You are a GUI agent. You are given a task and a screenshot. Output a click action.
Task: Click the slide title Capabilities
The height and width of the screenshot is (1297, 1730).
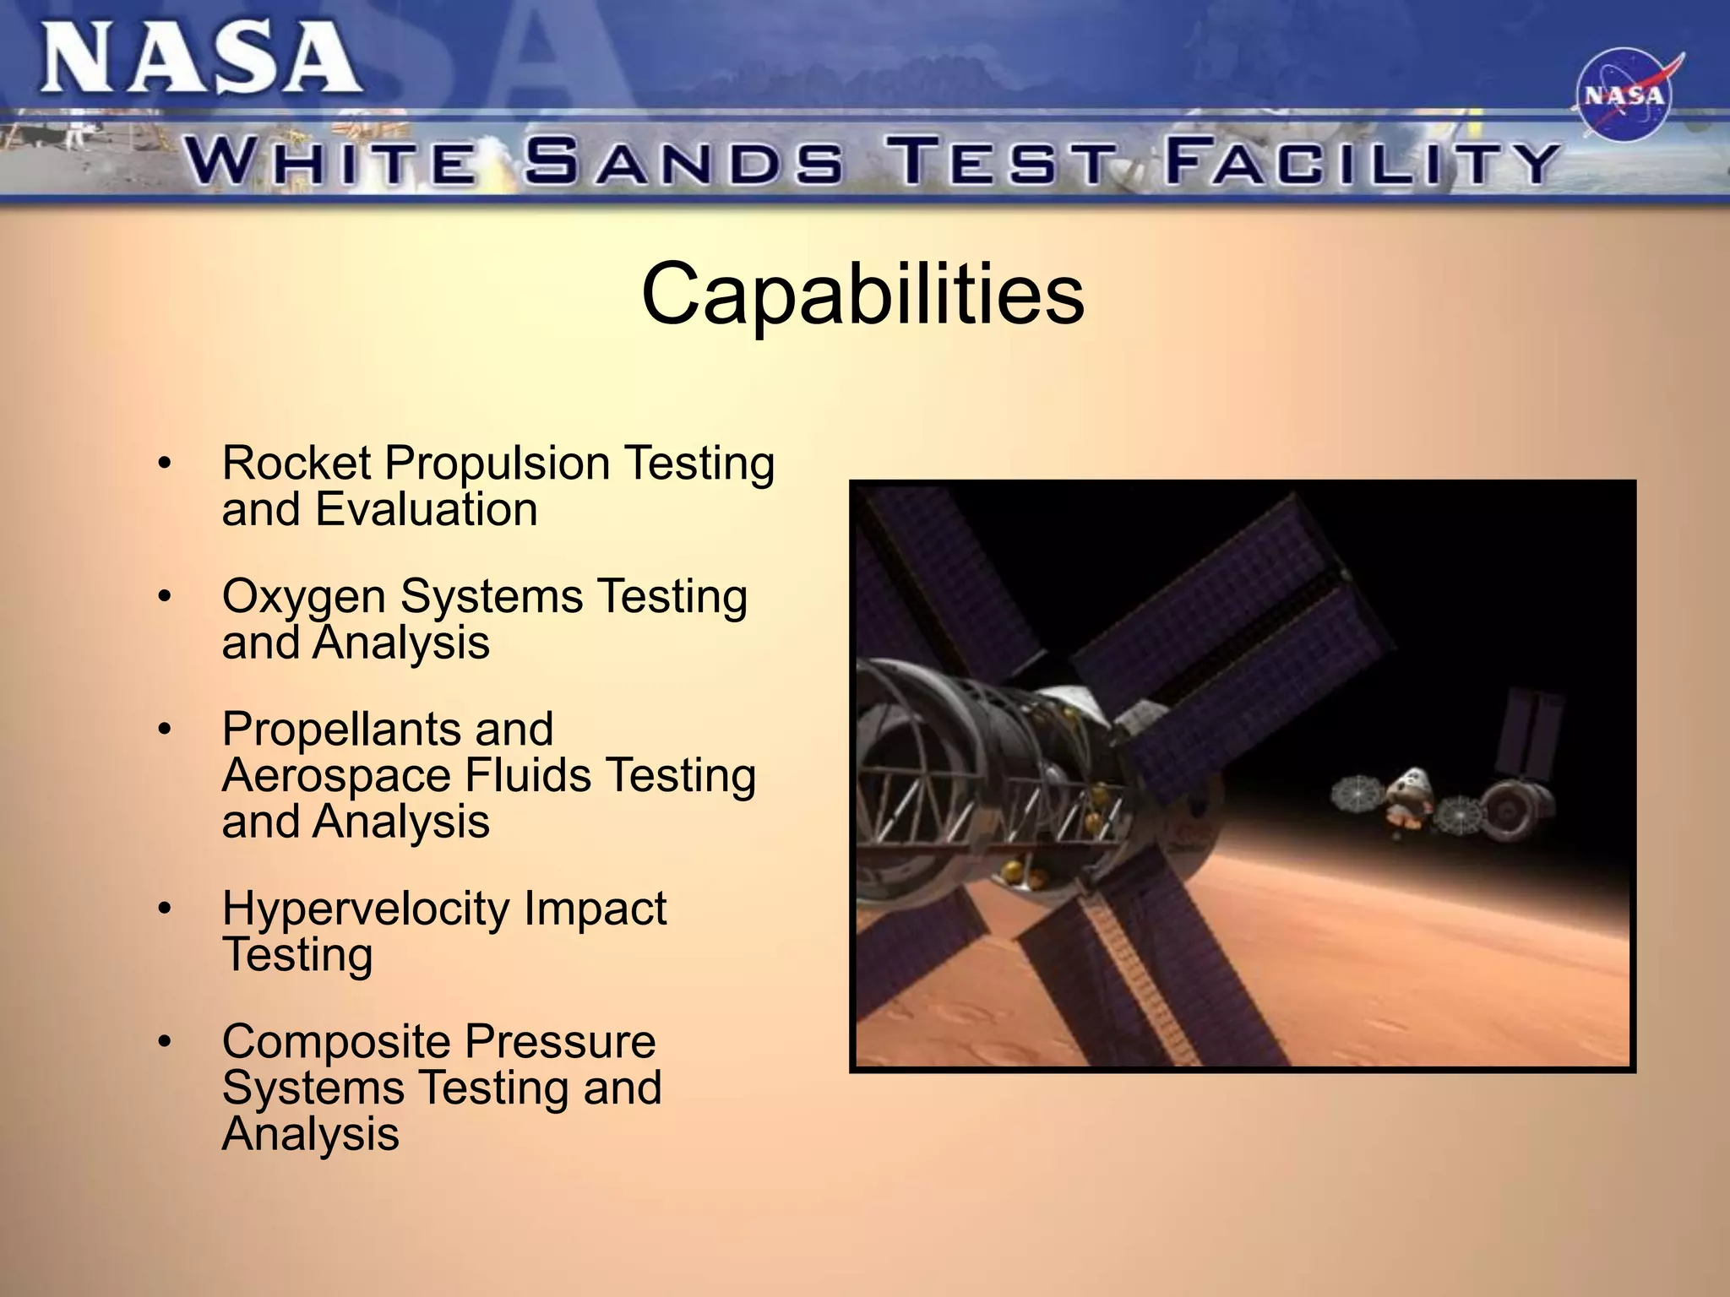(x=862, y=295)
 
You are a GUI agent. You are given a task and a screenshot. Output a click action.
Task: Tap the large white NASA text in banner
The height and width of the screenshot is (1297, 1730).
(x=199, y=57)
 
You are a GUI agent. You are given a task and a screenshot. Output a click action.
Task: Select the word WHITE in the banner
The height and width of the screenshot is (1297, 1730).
(x=330, y=161)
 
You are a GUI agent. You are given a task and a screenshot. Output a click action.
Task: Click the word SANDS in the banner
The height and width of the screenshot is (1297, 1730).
(x=683, y=161)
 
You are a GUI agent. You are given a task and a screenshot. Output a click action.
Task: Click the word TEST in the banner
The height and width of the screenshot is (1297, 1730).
(x=1004, y=161)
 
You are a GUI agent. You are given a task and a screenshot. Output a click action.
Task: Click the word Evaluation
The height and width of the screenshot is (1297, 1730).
(x=427, y=509)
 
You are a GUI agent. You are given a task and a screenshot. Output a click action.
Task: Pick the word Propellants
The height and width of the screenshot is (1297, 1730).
(x=387, y=729)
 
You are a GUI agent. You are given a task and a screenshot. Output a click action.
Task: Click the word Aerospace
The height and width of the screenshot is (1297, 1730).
(x=335, y=776)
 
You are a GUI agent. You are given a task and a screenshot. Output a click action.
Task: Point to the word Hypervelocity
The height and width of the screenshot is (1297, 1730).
(x=365, y=909)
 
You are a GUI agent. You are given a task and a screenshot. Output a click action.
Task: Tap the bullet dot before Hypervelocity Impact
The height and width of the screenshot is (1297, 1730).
(x=165, y=909)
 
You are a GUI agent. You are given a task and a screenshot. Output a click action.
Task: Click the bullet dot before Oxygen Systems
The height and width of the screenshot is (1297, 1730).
(x=165, y=596)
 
